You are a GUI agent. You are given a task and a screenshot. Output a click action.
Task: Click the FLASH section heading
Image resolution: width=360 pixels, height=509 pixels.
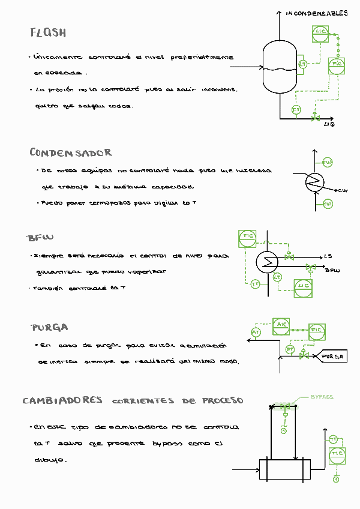tap(48, 32)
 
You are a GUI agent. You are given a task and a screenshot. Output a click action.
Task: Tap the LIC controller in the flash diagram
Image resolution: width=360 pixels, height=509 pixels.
tap(320, 33)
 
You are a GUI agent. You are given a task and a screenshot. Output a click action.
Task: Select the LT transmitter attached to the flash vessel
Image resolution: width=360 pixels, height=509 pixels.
tap(303, 64)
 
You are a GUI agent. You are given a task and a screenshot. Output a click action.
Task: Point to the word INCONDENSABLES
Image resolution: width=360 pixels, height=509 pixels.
tap(316, 13)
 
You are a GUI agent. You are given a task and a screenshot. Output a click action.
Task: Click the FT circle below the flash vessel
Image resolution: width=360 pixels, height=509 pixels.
tap(296, 110)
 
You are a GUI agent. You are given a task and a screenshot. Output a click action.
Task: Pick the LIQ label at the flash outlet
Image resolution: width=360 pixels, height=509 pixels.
tap(329, 124)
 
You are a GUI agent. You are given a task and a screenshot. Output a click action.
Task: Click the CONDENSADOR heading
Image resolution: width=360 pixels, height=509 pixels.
tap(70, 152)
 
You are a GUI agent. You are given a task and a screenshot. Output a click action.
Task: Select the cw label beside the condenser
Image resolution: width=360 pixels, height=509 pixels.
tap(343, 191)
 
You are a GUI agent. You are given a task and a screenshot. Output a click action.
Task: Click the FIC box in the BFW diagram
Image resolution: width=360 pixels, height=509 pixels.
tap(248, 237)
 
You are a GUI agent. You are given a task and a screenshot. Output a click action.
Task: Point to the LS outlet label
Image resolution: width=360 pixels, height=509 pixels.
tap(328, 256)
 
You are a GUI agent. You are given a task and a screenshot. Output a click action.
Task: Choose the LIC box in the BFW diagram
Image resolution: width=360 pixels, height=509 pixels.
tap(303, 286)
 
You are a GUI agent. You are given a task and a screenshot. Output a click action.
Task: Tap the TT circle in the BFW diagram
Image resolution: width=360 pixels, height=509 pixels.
tap(256, 284)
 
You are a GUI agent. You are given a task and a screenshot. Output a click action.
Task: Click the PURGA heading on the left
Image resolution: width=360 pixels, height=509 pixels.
tap(49, 328)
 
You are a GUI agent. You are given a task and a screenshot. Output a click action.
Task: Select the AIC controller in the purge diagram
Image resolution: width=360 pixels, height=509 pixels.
tap(281, 325)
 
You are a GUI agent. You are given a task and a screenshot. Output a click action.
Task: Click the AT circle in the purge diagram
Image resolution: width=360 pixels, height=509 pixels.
tap(256, 332)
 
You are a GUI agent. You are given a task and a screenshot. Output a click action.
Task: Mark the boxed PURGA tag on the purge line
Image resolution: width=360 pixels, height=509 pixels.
tap(332, 357)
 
